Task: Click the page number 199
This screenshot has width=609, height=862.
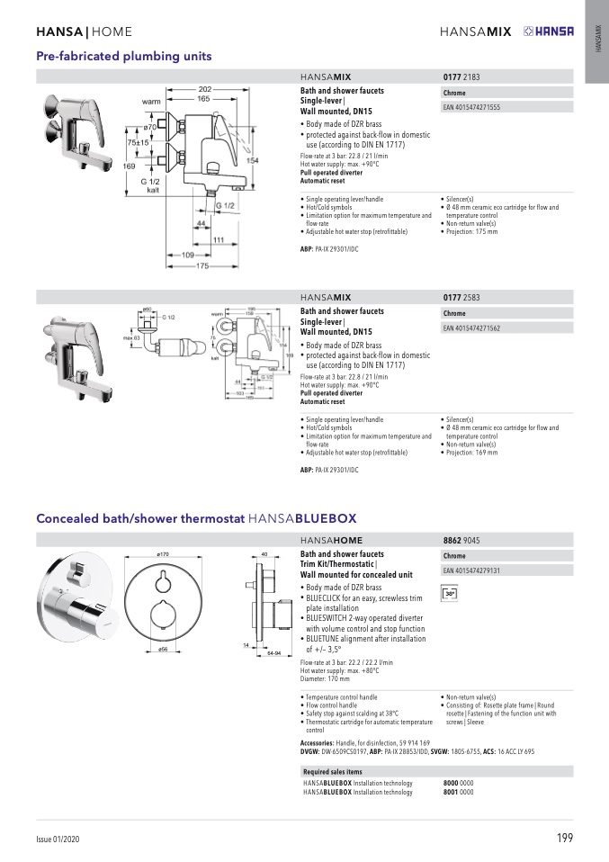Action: [564, 840]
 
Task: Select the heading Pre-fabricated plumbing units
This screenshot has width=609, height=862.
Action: [123, 56]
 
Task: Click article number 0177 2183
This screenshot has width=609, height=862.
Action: [461, 78]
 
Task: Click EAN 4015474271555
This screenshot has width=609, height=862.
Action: [472, 107]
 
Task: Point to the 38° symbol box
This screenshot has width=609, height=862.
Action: [451, 594]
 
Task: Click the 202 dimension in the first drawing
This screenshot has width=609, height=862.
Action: [205, 88]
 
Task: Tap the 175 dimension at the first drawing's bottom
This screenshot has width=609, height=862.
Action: [202, 266]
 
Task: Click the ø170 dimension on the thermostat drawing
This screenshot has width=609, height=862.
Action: [163, 554]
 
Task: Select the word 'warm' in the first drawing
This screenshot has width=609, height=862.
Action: [151, 102]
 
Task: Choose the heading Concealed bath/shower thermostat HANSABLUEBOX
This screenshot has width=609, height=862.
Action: [196, 518]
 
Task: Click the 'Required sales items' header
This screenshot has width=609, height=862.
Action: [333, 772]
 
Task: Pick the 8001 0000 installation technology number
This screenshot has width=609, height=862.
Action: [459, 793]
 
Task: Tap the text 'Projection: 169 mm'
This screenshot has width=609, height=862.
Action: [472, 452]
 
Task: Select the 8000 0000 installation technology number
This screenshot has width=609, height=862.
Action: [459, 784]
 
